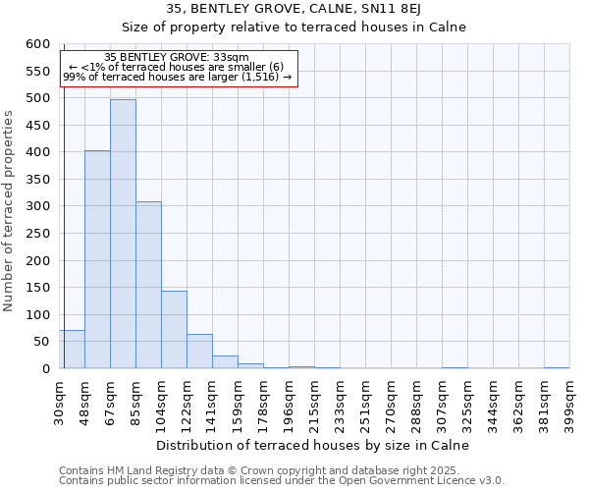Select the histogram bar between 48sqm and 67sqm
coord(97,260)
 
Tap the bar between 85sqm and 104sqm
coord(148,285)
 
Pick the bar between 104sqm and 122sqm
coord(174,330)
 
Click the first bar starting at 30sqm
coord(72,350)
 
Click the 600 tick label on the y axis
coord(37,44)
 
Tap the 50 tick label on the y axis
coord(40,342)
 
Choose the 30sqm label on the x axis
coord(59,402)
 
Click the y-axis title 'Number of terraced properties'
coord(9,211)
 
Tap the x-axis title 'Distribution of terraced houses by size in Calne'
coord(313,445)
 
